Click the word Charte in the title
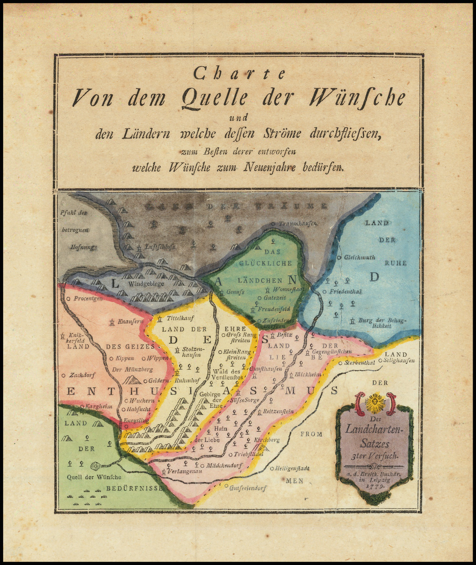click(x=239, y=73)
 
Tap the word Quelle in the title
click(x=215, y=98)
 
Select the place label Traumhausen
click(x=297, y=224)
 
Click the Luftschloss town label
click(x=160, y=247)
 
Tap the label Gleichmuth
click(x=359, y=257)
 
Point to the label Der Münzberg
click(x=132, y=370)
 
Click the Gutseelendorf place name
click(x=248, y=488)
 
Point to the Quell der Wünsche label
click(x=94, y=477)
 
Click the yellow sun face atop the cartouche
click(x=375, y=403)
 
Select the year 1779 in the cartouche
click(x=375, y=485)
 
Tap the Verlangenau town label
click(x=184, y=471)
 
